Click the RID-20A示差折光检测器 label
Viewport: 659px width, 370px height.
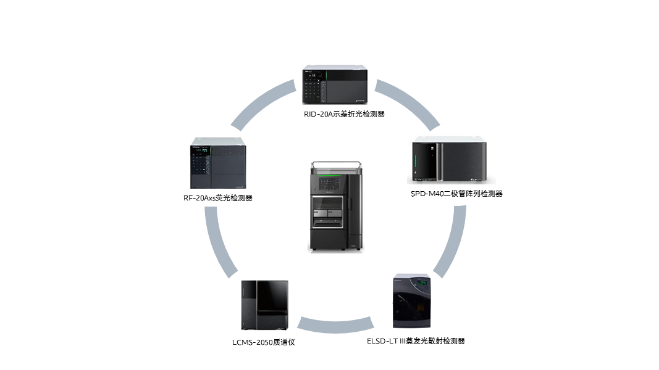(335, 113)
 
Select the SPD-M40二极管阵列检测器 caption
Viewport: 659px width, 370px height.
(456, 194)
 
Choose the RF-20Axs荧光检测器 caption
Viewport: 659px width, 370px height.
(218, 198)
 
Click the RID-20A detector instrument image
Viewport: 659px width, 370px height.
(335, 85)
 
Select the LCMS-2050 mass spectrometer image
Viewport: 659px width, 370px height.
(264, 305)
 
